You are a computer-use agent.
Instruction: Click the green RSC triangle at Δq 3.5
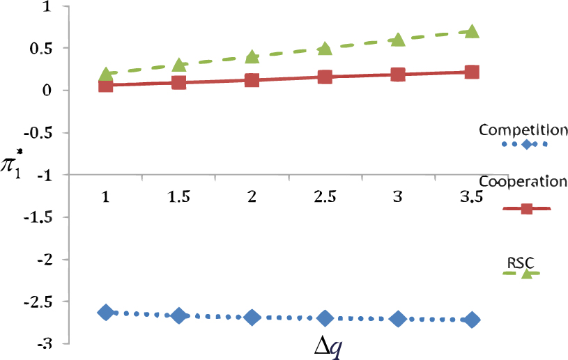472,32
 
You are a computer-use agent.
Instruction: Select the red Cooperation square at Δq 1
106,85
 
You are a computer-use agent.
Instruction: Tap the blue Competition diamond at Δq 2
252,317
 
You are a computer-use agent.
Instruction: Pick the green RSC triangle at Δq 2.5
325,49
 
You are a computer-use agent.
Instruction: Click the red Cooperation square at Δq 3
398,75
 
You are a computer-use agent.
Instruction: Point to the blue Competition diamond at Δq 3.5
472,320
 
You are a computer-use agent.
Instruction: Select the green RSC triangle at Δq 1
106,75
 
